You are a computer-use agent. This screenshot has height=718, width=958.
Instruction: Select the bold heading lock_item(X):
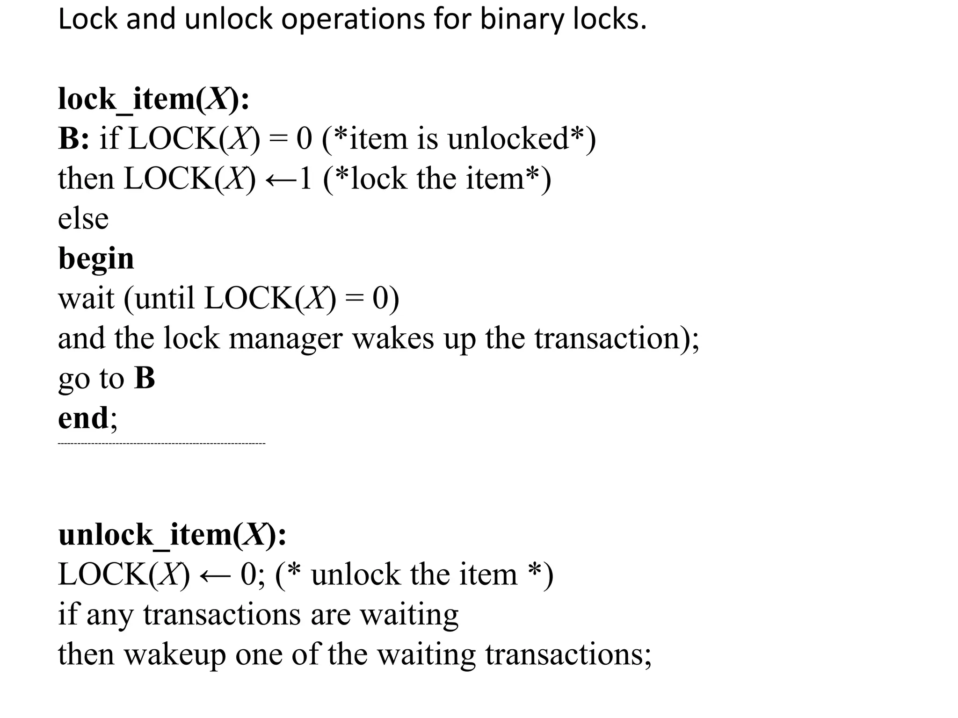click(153, 99)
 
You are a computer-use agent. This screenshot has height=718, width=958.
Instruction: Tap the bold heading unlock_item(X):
click(172, 534)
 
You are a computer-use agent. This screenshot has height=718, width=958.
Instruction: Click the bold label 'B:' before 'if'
click(73, 139)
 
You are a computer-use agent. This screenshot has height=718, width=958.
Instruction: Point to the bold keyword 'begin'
click(96, 258)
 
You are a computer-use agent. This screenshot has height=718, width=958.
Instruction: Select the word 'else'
click(83, 218)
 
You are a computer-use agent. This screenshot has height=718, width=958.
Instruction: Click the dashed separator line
click(161, 443)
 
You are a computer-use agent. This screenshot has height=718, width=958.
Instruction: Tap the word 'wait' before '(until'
click(86, 298)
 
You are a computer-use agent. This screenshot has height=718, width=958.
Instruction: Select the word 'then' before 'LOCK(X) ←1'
click(86, 179)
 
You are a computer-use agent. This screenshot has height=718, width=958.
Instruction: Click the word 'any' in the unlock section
click(110, 614)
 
